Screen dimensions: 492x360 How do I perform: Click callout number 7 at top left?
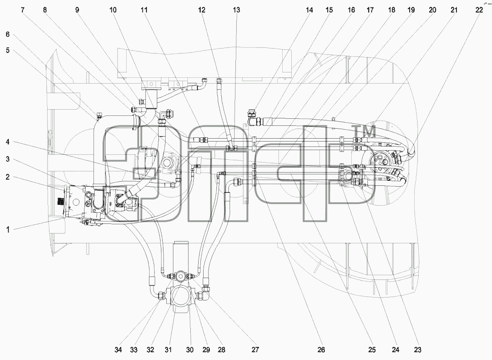(x=23, y=10)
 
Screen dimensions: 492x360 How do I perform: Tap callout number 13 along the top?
(x=236, y=10)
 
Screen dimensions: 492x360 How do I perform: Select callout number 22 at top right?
(x=479, y=10)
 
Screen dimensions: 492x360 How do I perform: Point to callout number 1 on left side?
(x=8, y=230)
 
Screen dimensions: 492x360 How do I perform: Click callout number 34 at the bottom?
(x=118, y=350)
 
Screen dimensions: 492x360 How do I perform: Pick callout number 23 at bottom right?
(x=417, y=350)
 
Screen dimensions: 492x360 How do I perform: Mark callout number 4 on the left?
(x=7, y=142)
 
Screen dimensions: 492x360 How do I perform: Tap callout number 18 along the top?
(x=391, y=10)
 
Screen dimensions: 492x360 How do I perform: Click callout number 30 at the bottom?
(x=190, y=350)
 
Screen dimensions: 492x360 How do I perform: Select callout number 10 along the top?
(x=113, y=10)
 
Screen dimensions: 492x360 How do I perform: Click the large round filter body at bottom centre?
(x=180, y=297)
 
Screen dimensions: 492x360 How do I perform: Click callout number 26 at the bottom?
(x=321, y=350)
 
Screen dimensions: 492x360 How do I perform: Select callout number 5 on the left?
(x=7, y=50)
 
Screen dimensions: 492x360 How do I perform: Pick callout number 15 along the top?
(x=329, y=10)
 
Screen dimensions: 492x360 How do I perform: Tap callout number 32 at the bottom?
(x=151, y=350)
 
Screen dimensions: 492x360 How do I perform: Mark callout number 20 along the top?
(x=432, y=10)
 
